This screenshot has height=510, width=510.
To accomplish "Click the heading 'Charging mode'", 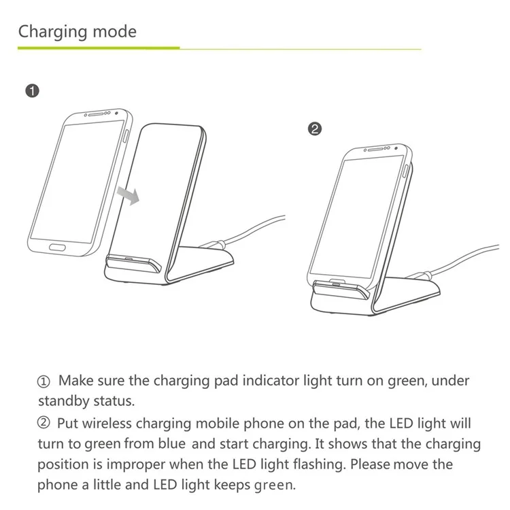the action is (77, 32).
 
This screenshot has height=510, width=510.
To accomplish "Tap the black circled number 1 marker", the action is (32, 90).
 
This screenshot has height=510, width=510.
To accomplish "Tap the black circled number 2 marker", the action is (315, 129).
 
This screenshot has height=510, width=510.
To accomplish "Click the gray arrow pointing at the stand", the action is (129, 195).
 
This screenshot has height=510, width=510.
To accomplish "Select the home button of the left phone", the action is (57, 248).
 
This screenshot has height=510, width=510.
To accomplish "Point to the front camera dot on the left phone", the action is (116, 113).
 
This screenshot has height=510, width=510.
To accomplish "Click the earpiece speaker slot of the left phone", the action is (96, 114).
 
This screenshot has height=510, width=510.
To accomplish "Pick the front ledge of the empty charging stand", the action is (133, 262).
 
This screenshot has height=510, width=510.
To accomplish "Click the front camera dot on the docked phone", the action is (396, 148).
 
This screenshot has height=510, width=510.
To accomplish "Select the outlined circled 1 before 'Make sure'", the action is (44, 381).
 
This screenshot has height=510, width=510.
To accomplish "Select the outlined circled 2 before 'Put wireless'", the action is (44, 423).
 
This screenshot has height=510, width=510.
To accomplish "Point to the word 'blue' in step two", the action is (172, 443).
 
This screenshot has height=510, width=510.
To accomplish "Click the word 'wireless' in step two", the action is (107, 424).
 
